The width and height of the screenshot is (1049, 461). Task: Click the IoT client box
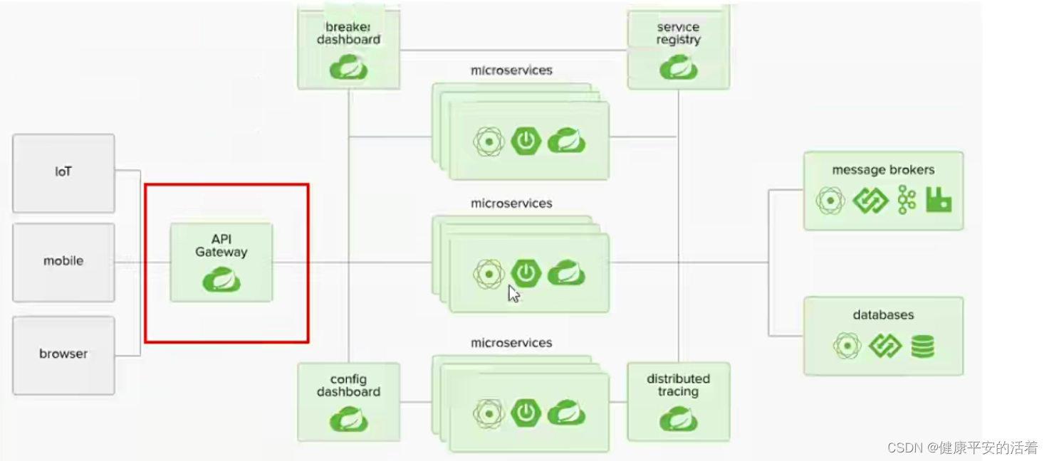[63, 172]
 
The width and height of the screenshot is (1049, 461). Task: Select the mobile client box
[63, 261]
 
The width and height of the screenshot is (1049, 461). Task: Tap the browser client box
[63, 354]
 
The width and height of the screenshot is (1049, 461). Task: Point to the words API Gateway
[221, 245]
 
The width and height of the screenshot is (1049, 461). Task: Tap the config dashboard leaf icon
[348, 420]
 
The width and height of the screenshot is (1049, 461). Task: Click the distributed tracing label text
[678, 385]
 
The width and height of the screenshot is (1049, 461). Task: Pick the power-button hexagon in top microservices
[526, 141]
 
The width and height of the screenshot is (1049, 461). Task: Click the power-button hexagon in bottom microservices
[526, 413]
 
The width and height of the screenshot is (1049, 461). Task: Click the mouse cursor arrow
[513, 294]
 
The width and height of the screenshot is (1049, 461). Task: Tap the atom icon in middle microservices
[489, 274]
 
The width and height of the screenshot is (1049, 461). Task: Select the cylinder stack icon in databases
[922, 346]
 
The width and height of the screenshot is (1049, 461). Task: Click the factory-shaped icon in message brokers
[939, 201]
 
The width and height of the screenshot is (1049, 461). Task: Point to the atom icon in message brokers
[830, 201]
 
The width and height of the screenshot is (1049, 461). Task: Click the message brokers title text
[883, 170]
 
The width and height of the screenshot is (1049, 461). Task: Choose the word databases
[883, 315]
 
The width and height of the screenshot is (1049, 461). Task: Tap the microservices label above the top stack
[511, 70]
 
